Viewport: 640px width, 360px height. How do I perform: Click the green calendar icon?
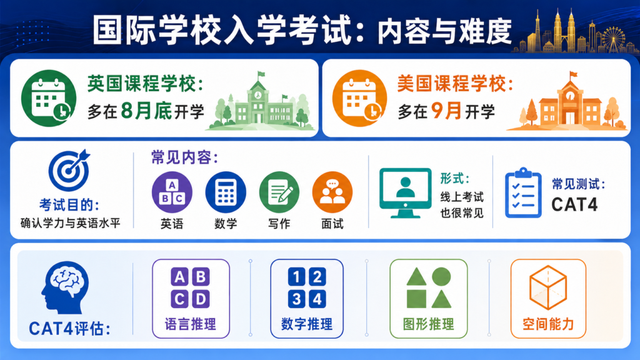pos(49,98)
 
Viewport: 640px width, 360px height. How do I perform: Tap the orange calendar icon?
pos(359,98)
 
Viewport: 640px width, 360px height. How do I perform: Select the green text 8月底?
pos(146,111)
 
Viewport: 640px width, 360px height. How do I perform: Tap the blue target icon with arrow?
pos(69,170)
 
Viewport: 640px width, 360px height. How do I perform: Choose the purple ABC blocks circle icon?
pos(172,192)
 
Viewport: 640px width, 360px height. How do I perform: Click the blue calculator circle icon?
pos(226,192)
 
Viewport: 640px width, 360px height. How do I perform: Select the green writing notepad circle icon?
pos(279,192)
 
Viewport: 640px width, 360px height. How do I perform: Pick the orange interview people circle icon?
pos(332,192)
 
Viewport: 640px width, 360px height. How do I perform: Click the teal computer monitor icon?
pos(405,192)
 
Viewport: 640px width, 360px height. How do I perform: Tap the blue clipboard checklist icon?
pos(523,192)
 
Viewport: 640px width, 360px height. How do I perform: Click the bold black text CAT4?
pos(574,204)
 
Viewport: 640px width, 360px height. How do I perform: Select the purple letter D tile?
pos(201,299)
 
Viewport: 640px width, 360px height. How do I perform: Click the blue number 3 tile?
pos(296,299)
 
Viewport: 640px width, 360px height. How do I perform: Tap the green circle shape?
pos(441,276)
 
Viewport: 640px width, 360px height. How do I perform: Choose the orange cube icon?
pos(548,287)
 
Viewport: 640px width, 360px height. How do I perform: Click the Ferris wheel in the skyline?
pos(613,39)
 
